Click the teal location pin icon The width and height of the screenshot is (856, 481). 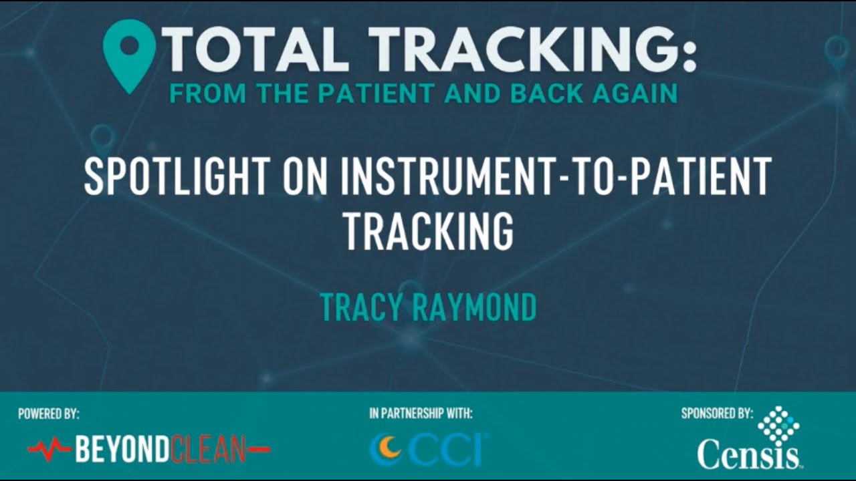click(x=129, y=53)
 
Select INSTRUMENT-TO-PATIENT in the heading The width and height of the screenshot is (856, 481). click(x=555, y=176)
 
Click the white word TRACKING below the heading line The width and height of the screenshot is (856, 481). click(x=428, y=230)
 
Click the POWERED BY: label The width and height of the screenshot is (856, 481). click(x=49, y=414)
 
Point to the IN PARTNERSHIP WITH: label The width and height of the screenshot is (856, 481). click(x=421, y=414)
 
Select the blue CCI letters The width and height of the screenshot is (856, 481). click(x=449, y=448)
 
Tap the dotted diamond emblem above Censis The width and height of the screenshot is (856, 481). click(x=778, y=426)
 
